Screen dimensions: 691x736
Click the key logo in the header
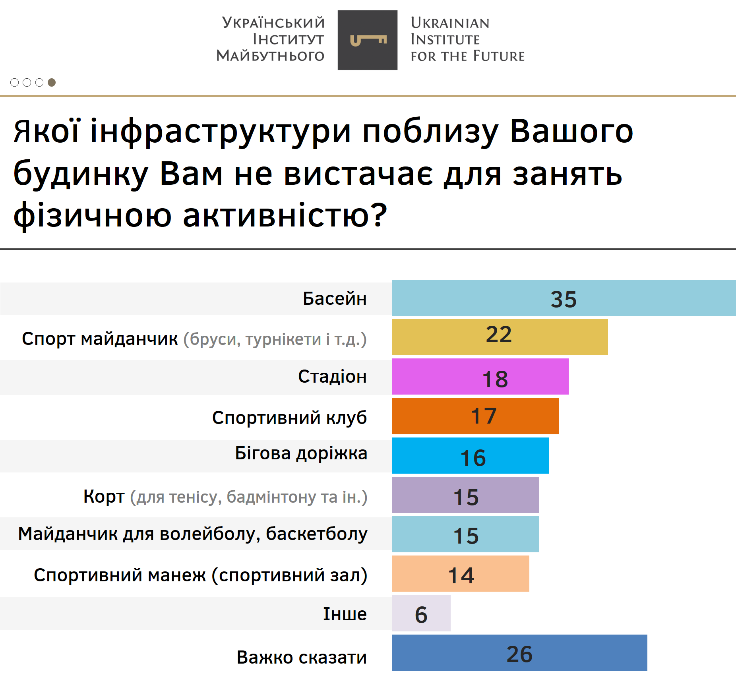pyautogui.click(x=368, y=40)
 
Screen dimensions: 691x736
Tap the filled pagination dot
pyautogui.click(x=52, y=82)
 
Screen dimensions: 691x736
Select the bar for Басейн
pyautogui.click(x=564, y=298)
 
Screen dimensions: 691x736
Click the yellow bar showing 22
pyautogui.click(x=500, y=337)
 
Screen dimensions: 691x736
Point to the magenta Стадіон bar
pyautogui.click(x=480, y=376)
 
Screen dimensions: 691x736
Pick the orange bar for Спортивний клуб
pyautogui.click(x=475, y=416)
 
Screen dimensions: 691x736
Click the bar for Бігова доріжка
pyautogui.click(x=470, y=455)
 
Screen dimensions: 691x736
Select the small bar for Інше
pyautogui.click(x=421, y=614)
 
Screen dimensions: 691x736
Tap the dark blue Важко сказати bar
pyautogui.click(x=519, y=653)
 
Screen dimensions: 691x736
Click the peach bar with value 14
pyautogui.click(x=460, y=574)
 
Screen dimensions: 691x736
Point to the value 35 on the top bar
pyautogui.click(x=564, y=299)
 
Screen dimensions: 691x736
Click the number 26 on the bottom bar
pyautogui.click(x=519, y=654)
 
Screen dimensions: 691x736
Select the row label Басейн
pyautogui.click(x=335, y=298)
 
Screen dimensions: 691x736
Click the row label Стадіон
pyautogui.click(x=332, y=377)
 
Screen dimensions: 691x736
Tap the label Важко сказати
pyautogui.click(x=302, y=657)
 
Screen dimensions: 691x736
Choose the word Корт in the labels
pyautogui.click(x=104, y=496)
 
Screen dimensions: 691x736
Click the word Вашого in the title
pyautogui.click(x=571, y=132)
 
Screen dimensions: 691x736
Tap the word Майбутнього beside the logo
pyautogui.click(x=270, y=56)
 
